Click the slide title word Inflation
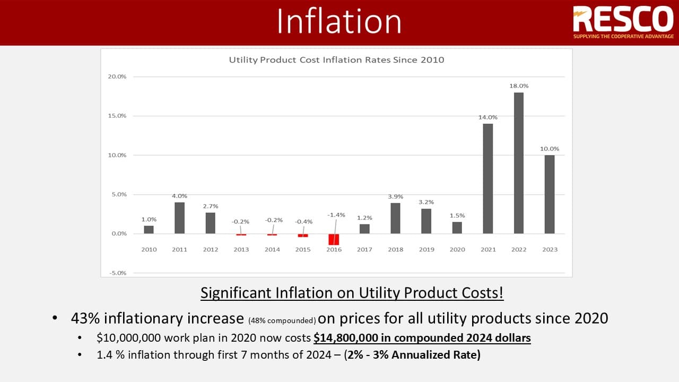(339, 22)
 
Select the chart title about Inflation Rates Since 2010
(336, 60)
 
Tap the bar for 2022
(519, 163)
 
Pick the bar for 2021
(488, 178)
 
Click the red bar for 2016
(334, 239)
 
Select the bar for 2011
(180, 218)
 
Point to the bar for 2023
(550, 194)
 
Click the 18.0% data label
(519, 85)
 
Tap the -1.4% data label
(336, 215)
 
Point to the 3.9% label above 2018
(396, 196)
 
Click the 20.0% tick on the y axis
(117, 76)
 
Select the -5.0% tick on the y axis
(117, 273)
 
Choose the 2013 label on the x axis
(241, 249)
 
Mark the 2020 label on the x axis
(457, 249)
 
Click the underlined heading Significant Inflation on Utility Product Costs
(352, 292)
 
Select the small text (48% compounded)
(282, 320)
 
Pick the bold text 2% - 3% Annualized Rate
(412, 354)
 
